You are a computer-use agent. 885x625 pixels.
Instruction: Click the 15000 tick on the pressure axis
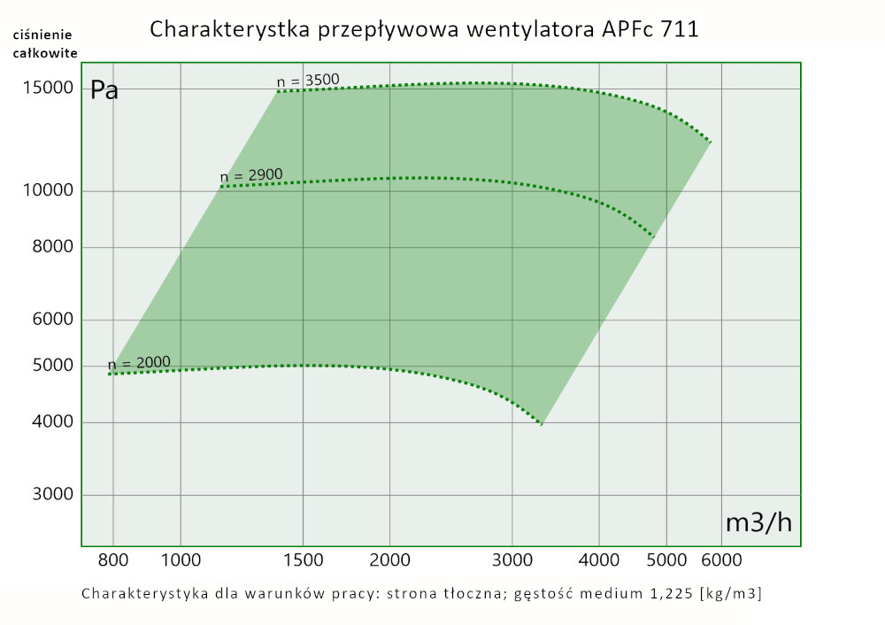[47, 89]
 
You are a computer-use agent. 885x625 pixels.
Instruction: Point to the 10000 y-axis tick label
[47, 191]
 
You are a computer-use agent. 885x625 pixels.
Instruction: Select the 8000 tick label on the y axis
[52, 248]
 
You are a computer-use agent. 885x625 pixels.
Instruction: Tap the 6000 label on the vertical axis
[52, 320]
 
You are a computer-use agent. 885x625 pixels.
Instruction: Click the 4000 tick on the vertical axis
[52, 423]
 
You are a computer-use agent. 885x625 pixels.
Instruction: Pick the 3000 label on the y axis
[52, 495]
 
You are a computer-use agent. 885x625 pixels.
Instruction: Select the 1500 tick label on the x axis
[303, 559]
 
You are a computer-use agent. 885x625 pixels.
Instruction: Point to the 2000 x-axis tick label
[390, 559]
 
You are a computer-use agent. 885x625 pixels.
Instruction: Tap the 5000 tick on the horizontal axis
[667, 559]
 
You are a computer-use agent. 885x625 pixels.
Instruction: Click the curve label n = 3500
[308, 81]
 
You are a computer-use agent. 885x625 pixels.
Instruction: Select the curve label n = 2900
[251, 176]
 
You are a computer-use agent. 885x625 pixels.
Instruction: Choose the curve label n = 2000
[139, 363]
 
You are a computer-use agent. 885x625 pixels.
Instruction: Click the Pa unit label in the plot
[104, 90]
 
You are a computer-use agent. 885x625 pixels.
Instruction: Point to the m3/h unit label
[758, 522]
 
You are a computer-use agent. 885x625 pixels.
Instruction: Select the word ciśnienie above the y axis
[42, 35]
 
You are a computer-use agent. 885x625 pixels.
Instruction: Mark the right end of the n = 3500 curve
[711, 142]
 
